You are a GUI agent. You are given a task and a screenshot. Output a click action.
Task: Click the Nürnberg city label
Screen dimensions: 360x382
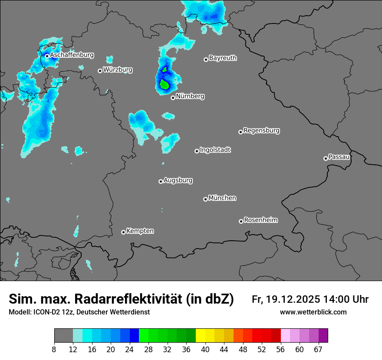190,96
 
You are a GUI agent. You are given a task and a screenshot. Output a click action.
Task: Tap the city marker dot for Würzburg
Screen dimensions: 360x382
100,71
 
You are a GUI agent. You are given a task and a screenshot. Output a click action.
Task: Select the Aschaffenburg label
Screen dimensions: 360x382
72,55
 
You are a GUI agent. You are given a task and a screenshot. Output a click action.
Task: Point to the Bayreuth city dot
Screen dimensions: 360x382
206,59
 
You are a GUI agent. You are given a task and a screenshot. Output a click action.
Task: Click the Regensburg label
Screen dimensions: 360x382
261,130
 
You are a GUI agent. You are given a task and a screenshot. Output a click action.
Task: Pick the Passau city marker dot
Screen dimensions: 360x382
326,158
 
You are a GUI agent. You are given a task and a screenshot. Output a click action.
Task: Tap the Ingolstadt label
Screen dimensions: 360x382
215,150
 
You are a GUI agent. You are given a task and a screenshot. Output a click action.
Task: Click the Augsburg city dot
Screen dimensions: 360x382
161,181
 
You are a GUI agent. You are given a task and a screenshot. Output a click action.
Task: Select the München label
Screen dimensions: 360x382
222,198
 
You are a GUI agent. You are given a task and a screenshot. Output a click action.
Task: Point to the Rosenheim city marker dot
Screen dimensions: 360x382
241,221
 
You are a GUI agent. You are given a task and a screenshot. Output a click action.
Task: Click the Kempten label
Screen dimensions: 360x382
140,231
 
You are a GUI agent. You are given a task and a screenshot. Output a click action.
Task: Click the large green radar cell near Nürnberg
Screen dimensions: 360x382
165,84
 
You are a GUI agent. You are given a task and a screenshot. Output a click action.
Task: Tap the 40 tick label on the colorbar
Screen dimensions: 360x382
205,350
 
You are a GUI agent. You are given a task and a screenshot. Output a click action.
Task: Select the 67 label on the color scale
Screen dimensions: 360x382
318,350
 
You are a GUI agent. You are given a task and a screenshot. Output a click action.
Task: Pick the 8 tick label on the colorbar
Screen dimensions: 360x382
54,350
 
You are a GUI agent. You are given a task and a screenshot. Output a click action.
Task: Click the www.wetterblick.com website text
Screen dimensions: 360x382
313,312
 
